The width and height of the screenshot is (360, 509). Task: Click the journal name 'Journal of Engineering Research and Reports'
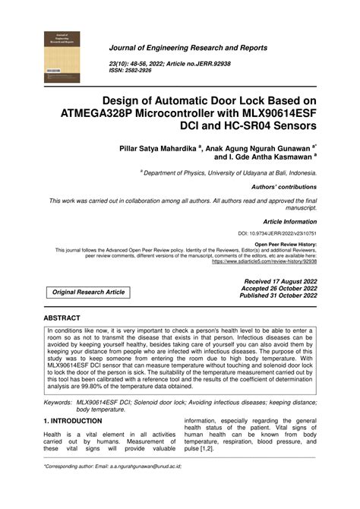pos(188,48)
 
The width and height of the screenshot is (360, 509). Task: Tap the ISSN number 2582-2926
pos(136,69)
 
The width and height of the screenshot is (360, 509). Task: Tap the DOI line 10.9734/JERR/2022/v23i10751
pos(277,233)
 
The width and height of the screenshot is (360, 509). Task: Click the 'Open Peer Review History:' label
pos(286,245)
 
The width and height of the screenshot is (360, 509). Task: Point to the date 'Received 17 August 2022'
pos(279,281)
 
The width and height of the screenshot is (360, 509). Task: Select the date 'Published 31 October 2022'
pos(278,296)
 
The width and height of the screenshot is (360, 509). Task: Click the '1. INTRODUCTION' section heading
pos(73,421)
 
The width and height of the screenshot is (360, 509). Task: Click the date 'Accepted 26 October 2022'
pos(279,289)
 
